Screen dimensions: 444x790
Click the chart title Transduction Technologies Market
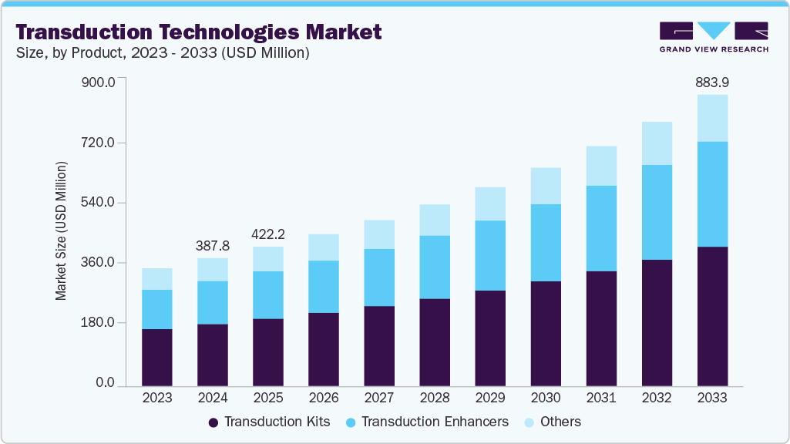(198, 32)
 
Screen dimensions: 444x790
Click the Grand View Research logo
(714, 37)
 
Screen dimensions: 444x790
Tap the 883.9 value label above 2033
(712, 82)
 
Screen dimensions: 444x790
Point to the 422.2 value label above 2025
(268, 234)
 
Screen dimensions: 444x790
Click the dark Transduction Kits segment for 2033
(712, 316)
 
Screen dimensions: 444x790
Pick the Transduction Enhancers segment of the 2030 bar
(546, 243)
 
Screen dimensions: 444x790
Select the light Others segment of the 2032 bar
(657, 143)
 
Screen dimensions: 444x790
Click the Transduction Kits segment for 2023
(157, 357)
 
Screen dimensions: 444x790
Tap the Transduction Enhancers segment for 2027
(379, 277)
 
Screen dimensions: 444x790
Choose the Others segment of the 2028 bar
(435, 220)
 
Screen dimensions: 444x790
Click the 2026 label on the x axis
(324, 399)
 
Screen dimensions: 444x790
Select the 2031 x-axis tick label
(601, 399)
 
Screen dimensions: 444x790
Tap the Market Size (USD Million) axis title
(61, 231)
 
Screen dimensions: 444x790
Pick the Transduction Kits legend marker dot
(213, 422)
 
